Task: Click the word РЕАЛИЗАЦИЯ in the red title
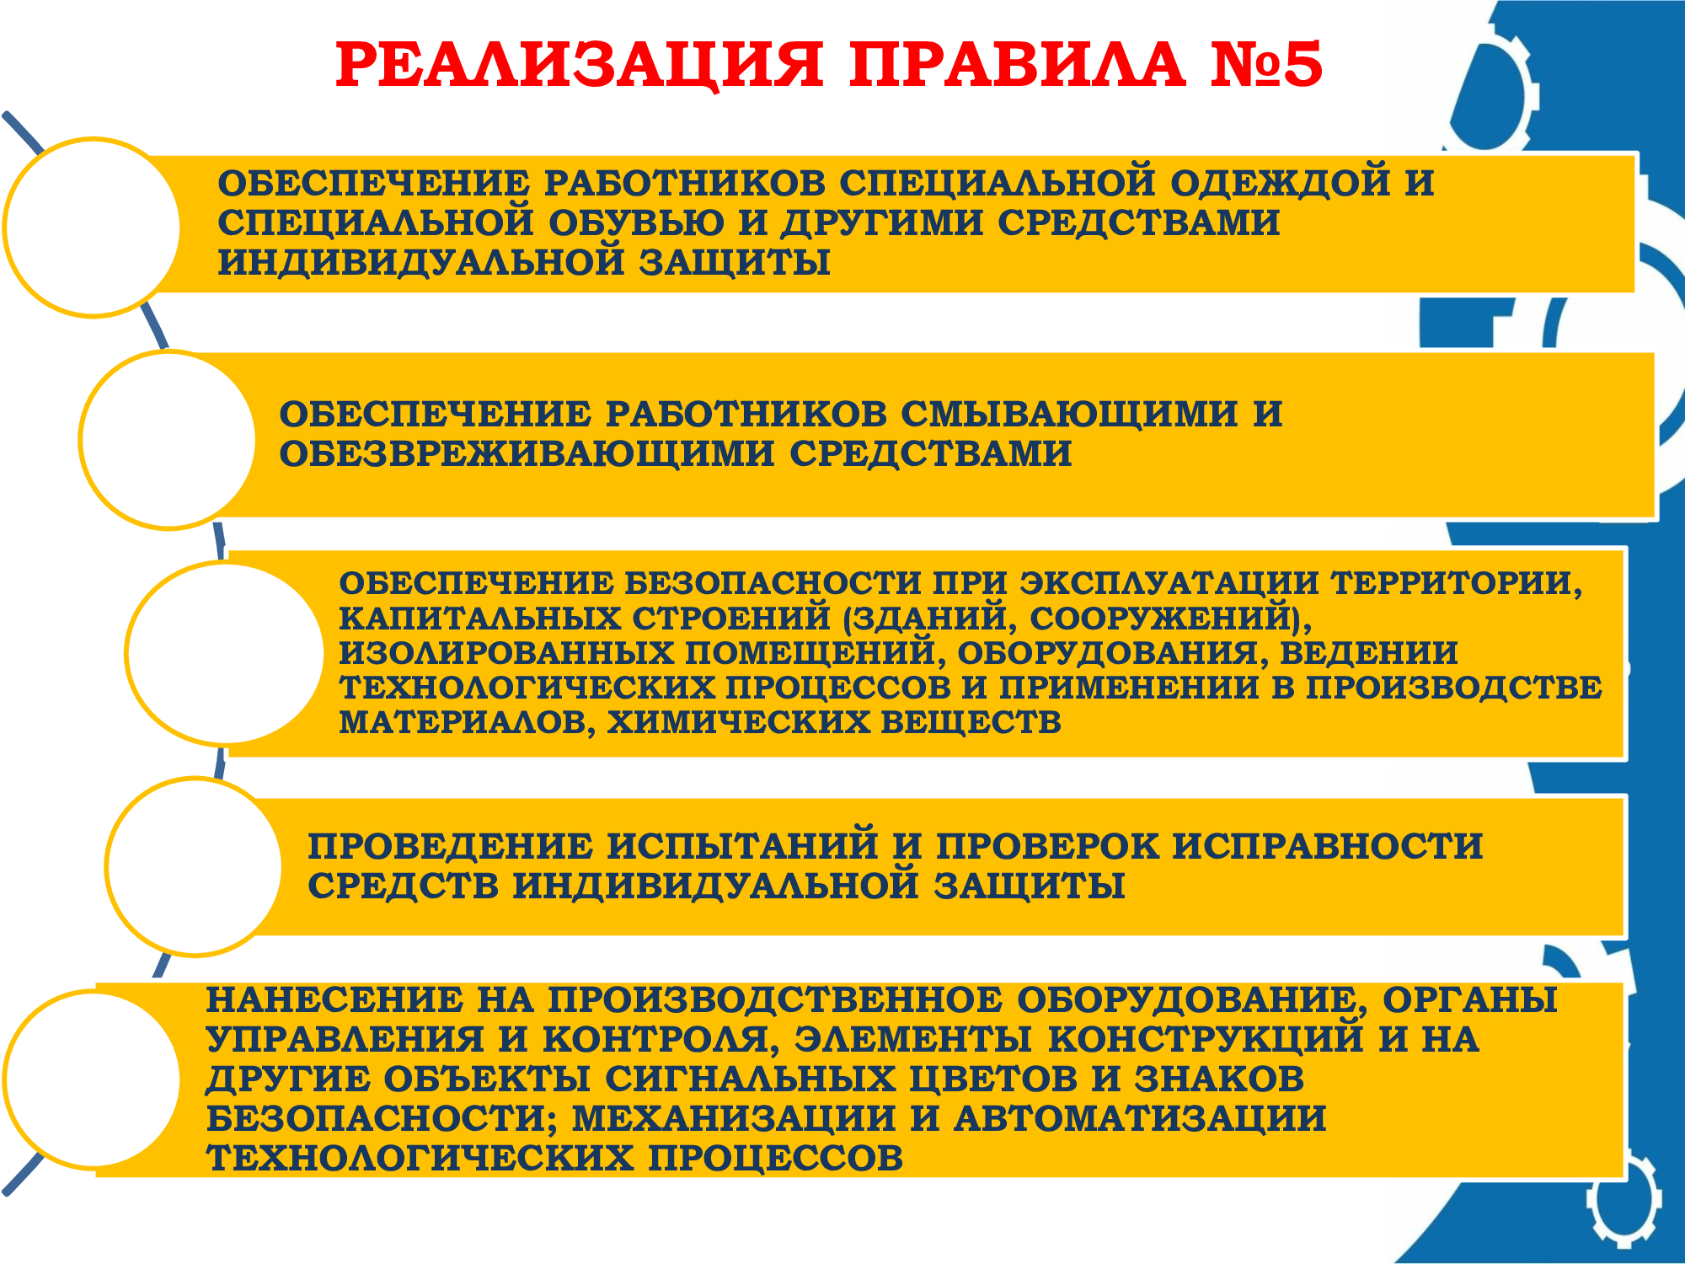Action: [x=580, y=65]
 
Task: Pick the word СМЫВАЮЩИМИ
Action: [x=1070, y=414]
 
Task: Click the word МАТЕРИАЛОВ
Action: [x=468, y=723]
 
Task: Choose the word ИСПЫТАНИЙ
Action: [x=742, y=846]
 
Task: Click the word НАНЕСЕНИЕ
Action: [x=334, y=1000]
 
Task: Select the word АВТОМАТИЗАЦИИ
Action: [x=1140, y=1119]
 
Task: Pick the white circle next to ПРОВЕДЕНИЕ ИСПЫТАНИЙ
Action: [x=195, y=866]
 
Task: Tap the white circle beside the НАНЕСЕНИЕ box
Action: [x=93, y=1079]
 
